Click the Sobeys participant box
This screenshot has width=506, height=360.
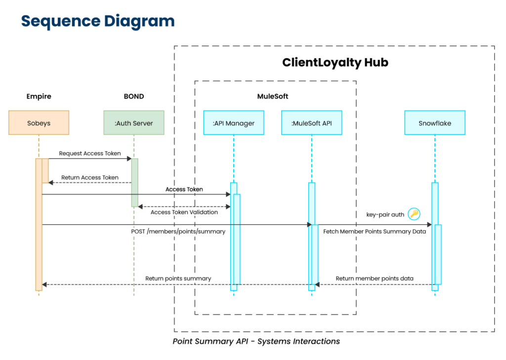coord(39,123)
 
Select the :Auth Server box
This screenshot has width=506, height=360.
coord(133,123)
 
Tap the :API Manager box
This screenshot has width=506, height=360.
coord(233,123)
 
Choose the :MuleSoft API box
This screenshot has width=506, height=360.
coord(311,123)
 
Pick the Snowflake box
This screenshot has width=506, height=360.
coord(434,123)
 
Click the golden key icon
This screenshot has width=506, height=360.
coord(414,214)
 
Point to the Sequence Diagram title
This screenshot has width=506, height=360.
coord(97,21)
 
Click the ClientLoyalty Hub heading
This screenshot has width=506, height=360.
coord(335,63)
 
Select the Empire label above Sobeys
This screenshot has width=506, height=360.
coord(39,96)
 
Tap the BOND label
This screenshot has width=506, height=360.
coord(133,96)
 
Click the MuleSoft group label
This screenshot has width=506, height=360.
coord(273,96)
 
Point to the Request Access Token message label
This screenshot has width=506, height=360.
coord(90,154)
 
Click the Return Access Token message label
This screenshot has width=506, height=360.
coord(90,178)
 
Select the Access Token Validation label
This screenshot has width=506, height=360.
coord(184,212)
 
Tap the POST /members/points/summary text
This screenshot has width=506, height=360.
coord(178,231)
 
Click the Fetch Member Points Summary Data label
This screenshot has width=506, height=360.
coord(375,231)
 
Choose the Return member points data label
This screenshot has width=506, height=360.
coord(375,279)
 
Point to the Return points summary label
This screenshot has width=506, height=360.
coord(178,279)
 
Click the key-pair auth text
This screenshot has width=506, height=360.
coord(385,214)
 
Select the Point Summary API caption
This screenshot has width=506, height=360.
coord(256,341)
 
